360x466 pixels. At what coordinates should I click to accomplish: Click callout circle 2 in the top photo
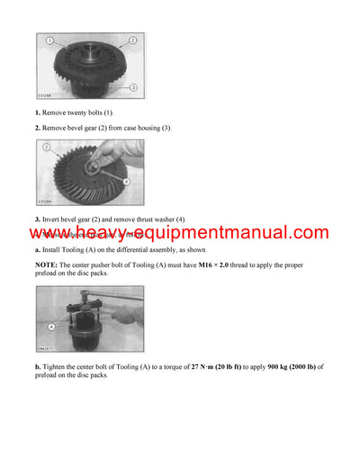(x=131, y=41)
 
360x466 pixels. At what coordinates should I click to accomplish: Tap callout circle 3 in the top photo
(x=131, y=86)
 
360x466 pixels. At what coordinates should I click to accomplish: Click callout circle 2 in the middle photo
(x=46, y=146)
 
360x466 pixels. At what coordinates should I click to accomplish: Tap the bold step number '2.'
(x=39, y=128)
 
